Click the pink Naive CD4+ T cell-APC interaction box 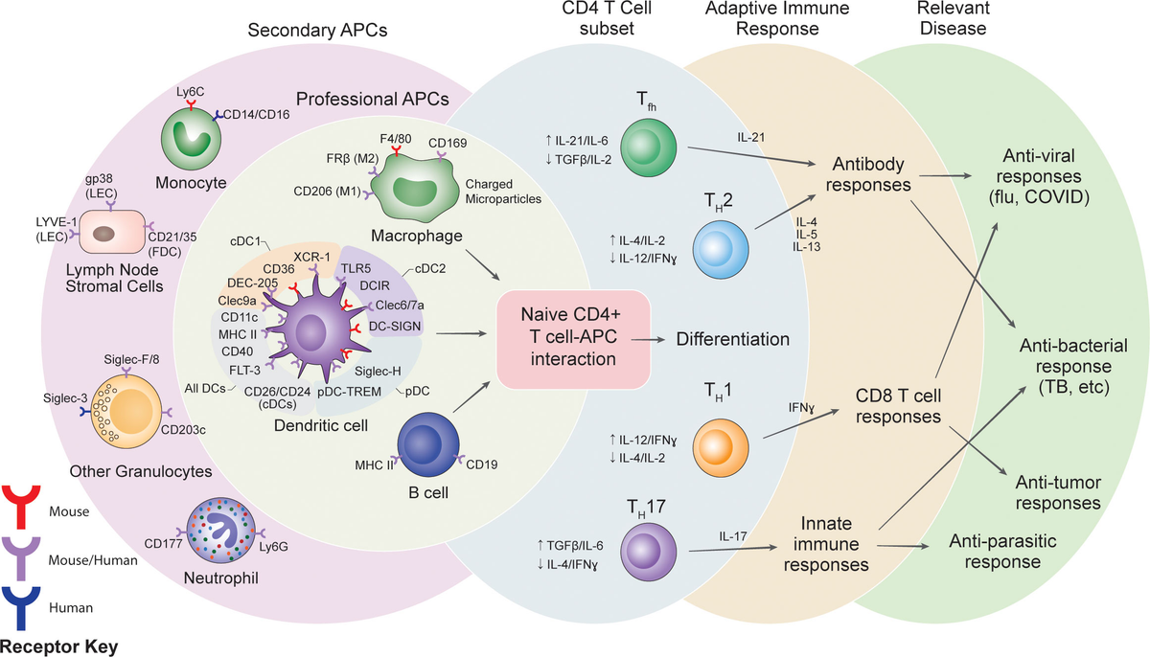click(574, 339)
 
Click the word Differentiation click(732, 339)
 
